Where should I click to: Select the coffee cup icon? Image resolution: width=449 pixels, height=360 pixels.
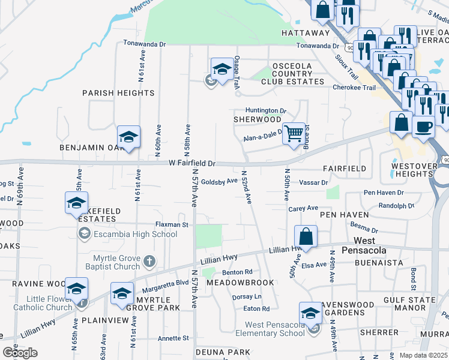click(x=424, y=127)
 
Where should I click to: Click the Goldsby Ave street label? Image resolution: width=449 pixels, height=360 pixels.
click(x=219, y=182)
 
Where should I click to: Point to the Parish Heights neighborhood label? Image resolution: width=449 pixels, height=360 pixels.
click(x=118, y=93)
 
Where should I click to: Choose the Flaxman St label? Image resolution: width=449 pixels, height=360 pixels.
click(x=172, y=224)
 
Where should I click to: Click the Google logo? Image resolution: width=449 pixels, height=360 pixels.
click(x=20, y=353)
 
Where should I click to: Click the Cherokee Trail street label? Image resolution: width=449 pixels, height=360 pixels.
click(x=354, y=87)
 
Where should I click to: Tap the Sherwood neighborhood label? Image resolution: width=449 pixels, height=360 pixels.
click(x=257, y=119)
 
